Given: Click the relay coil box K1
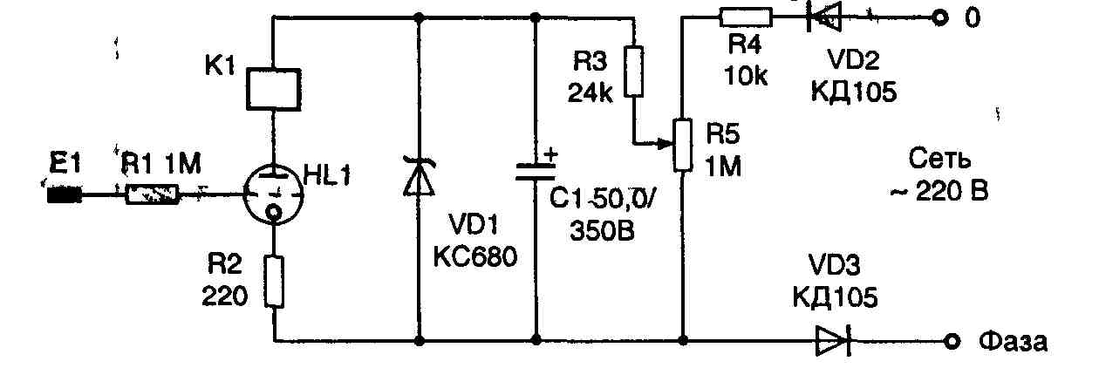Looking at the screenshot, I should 274,88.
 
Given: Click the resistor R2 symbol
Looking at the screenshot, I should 274,282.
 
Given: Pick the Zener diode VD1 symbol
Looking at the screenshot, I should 420,178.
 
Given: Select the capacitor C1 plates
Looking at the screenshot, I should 535,174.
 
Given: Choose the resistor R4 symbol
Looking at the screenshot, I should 747,17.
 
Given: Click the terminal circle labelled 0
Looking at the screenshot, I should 939,17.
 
